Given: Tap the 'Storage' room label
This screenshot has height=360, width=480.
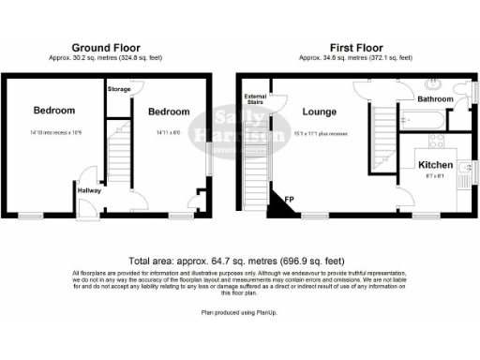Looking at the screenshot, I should click(119, 89).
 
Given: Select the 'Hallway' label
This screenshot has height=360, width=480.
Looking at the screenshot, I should click(88, 190).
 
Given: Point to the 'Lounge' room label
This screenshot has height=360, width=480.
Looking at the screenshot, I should click(319, 112).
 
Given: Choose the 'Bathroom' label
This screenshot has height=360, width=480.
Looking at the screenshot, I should click(435, 97).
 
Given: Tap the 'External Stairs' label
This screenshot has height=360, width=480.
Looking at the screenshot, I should click(255, 98).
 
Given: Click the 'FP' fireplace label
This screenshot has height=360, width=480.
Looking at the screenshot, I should click(289, 197).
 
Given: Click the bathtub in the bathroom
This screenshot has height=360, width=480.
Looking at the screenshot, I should click(425, 119).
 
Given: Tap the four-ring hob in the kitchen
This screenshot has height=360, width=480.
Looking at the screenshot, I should click(437, 142).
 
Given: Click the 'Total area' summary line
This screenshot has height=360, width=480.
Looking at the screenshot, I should click(239, 261).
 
